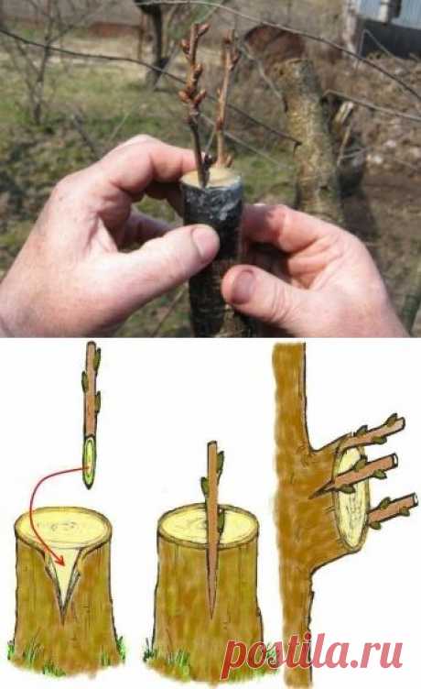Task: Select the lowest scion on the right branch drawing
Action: click(x=392, y=509)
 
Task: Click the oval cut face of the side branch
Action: click(x=351, y=495)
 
